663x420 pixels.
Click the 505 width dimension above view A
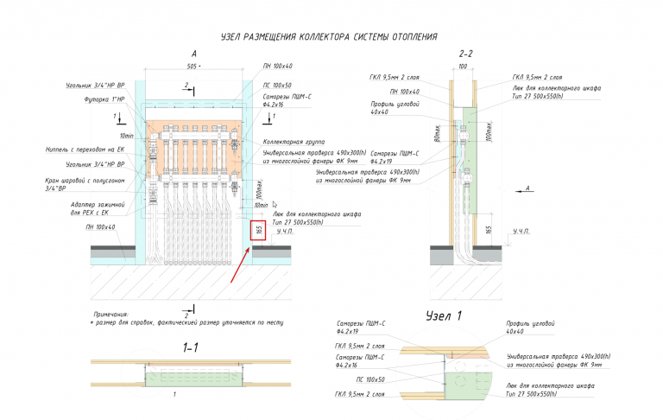[x=193, y=66]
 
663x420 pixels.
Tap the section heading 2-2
[x=466, y=54]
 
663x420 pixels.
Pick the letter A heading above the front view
[x=194, y=54]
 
